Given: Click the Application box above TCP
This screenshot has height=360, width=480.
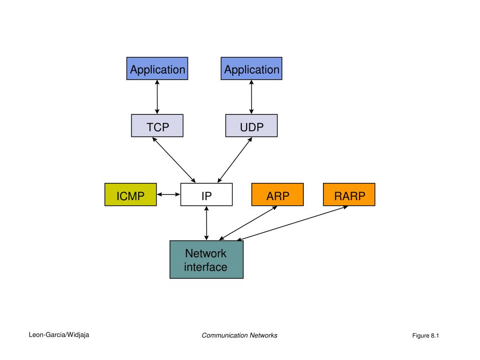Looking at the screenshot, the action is [x=157, y=68].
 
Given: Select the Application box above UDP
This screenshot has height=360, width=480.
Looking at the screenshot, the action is [x=251, y=68].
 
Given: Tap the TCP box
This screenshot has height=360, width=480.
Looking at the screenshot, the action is [x=157, y=126].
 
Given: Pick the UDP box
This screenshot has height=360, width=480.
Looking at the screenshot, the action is [x=251, y=126].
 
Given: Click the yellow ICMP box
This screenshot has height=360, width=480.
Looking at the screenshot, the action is [x=131, y=195].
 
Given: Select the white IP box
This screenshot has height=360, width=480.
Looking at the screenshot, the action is [x=206, y=195].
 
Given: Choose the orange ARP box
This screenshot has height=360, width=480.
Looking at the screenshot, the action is [x=277, y=195].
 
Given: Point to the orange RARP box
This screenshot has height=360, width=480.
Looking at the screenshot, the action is [x=349, y=195].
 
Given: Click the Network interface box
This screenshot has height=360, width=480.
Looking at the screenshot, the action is [x=207, y=260].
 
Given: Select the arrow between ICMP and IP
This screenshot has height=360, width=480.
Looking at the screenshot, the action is [x=168, y=195].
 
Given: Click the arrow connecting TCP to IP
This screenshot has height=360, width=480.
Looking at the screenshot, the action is [x=174, y=160].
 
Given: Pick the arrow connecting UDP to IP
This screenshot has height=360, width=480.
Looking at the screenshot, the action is [x=235, y=160].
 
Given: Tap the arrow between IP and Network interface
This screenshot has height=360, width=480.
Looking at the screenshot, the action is [x=207, y=223].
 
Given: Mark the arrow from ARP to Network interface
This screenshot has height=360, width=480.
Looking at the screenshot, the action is [x=248, y=223].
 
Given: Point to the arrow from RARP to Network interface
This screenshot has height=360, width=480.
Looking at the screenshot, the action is [x=292, y=223].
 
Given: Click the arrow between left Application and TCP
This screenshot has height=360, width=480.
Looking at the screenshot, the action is [x=157, y=97].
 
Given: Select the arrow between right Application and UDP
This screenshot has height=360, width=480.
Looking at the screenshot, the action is [x=251, y=97].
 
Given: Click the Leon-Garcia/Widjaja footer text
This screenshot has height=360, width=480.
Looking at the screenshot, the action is [x=59, y=335].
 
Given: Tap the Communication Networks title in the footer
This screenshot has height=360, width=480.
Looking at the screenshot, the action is [x=240, y=336].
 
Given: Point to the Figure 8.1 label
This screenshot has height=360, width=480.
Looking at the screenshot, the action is [x=426, y=336].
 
